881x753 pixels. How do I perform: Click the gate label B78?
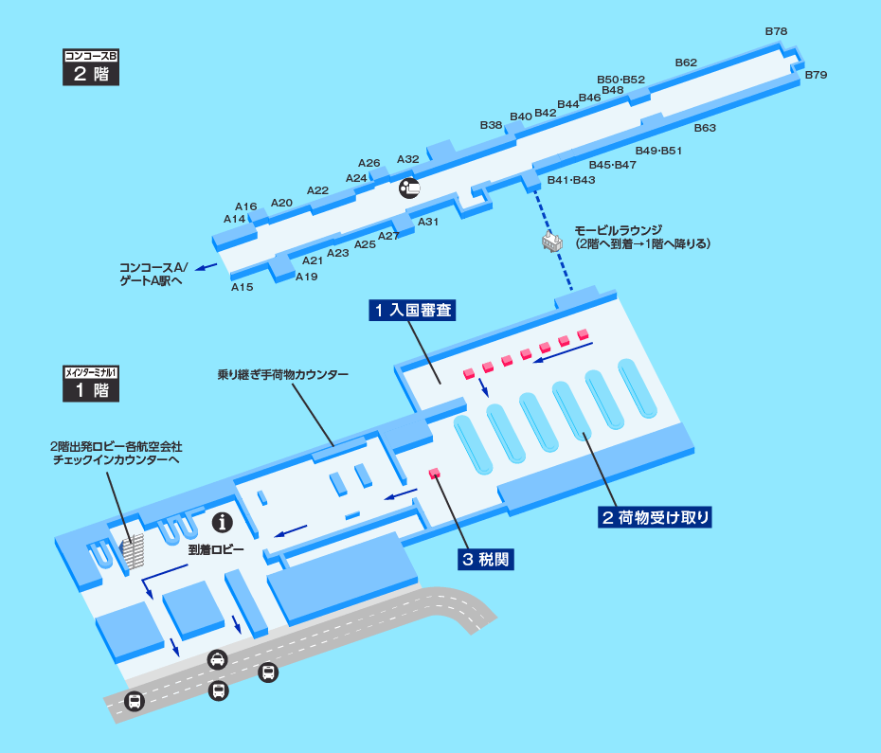pos(776,31)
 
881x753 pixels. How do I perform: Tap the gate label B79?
pos(816,75)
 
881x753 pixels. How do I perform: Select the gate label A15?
pos(243,287)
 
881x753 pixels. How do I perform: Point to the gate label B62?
pos(686,63)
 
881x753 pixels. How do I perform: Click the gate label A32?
pos(408,159)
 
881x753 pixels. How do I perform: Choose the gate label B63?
pos(705,128)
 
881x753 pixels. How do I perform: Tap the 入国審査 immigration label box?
pos(412,310)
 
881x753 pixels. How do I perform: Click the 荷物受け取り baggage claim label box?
pos(656,517)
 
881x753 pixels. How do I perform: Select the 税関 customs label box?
pos(486,559)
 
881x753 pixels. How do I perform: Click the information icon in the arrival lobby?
pos(223,523)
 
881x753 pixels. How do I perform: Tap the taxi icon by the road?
pos(218,659)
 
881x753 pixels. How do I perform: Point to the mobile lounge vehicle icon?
pos(551,242)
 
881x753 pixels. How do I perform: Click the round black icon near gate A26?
pos(409,188)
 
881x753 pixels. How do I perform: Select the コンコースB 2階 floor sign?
pos(91,67)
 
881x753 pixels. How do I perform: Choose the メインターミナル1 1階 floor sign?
pos(91,384)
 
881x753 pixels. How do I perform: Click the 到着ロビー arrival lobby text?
pos(216,549)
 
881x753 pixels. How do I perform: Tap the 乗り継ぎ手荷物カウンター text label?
pos(283,374)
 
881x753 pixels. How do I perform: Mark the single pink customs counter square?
pos(434,474)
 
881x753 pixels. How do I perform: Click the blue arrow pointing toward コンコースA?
pos(207,267)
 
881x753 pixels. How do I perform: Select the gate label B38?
pos(491,125)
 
